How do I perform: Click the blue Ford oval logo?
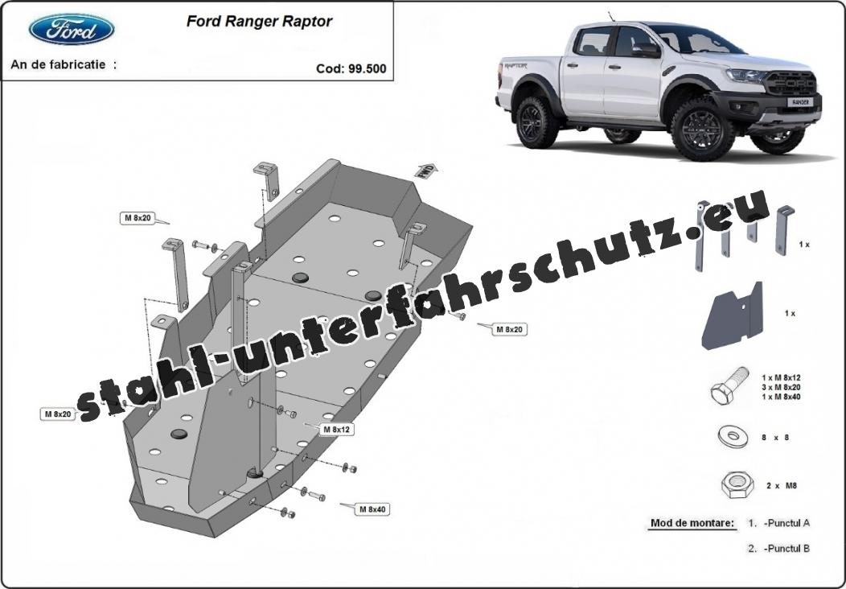(72, 29)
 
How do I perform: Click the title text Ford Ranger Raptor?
(259, 21)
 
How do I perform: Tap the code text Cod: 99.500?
(351, 68)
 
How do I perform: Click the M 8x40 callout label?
(373, 509)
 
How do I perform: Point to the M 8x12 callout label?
(337, 430)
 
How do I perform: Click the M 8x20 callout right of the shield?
(509, 329)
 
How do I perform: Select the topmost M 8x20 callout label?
(138, 218)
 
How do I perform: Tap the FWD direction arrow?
(426, 171)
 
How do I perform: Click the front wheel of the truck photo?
(702, 129)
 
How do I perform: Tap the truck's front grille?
(791, 84)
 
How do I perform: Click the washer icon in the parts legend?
(733, 437)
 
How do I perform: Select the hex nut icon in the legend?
(737, 485)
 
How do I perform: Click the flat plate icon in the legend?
(732, 316)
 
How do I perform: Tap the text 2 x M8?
(781, 486)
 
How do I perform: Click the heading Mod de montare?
(692, 522)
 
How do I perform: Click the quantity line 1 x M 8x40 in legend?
(781, 397)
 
